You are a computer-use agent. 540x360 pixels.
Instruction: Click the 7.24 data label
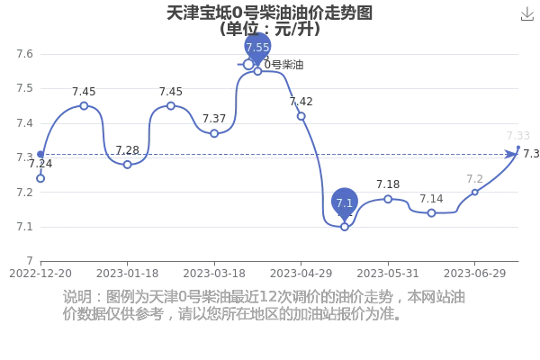tap(40, 164)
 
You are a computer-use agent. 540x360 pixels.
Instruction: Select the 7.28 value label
tap(128, 150)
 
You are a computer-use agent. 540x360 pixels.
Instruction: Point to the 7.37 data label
tap(214, 119)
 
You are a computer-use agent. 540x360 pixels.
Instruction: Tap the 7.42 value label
tap(301, 102)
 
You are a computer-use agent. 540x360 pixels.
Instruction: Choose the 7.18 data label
tap(388, 184)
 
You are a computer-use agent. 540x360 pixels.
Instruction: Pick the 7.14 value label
tap(431, 199)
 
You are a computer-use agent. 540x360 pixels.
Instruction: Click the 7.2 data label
tap(475, 178)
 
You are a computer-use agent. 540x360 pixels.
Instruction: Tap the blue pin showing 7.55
tap(257, 47)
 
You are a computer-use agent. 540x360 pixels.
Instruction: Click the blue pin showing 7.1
tap(345, 203)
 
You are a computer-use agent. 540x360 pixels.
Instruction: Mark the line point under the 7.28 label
tap(128, 165)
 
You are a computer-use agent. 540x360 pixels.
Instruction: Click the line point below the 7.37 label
tap(214, 133)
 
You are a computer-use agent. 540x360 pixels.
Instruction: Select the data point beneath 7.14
tap(431, 213)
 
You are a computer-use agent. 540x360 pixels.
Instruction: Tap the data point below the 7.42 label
tap(301, 116)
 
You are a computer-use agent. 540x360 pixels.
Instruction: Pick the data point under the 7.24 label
tap(40, 178)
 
